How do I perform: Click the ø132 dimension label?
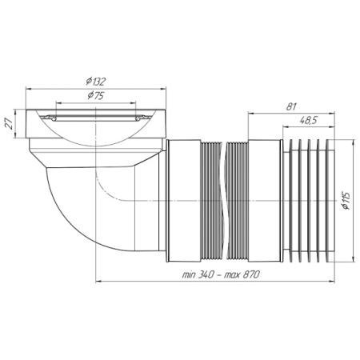tap(96, 82)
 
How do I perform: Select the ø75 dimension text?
tap(96, 95)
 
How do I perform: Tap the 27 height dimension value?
tap(10, 124)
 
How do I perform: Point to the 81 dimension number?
tap(291, 107)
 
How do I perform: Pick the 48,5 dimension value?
tap(308, 121)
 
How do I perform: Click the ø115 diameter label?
tap(346, 200)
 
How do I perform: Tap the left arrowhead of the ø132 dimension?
tap(29, 90)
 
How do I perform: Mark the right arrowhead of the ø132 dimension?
tap(162, 90)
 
